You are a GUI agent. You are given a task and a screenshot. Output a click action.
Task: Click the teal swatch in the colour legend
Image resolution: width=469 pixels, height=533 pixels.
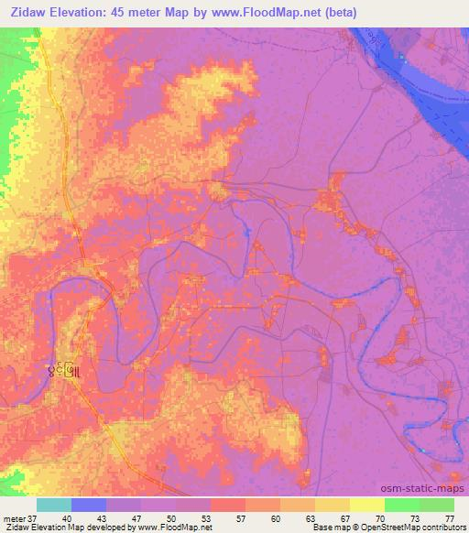54,505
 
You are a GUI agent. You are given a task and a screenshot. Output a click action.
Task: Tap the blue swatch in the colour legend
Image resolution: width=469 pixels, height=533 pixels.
89,505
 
